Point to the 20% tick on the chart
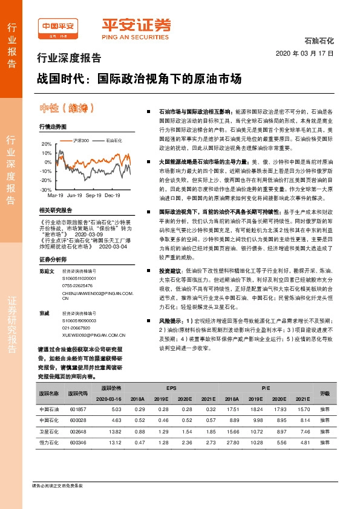(x=47, y=144)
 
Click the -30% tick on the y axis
(x=47, y=189)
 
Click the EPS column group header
(x=172, y=386)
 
